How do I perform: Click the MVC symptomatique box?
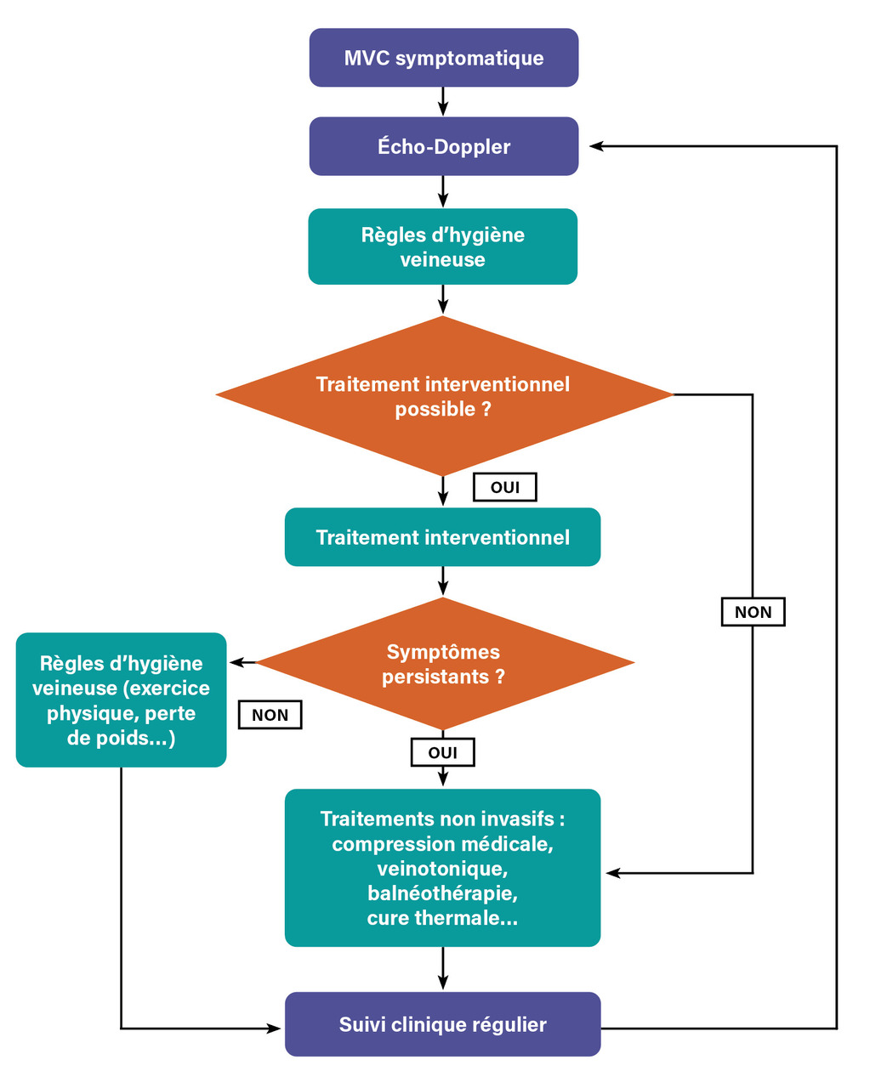point(443,58)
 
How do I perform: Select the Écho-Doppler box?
point(443,146)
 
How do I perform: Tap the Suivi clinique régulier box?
point(442,1024)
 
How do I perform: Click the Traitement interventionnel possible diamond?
point(443,396)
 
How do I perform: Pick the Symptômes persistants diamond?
point(443,664)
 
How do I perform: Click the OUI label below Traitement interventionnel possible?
point(505,487)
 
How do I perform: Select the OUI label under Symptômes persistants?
point(442,752)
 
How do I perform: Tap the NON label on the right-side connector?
point(753,612)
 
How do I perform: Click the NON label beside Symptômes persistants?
point(270,715)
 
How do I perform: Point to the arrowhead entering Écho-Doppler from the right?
point(596,146)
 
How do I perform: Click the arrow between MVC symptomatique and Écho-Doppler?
point(443,102)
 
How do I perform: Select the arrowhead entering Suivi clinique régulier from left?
point(275,1028)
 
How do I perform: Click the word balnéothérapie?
point(442,893)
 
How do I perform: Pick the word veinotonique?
point(442,869)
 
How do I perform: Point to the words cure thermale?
point(442,918)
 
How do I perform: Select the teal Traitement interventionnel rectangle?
point(442,537)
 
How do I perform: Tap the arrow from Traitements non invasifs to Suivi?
point(443,969)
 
